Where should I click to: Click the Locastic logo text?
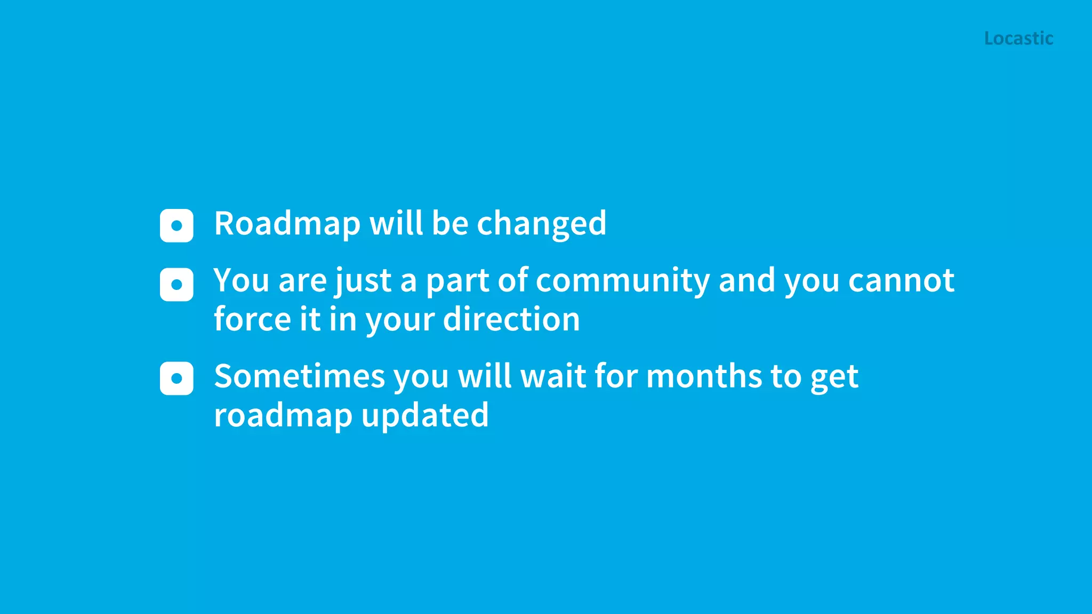coord(1018,38)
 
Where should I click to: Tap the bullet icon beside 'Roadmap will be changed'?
coord(176,225)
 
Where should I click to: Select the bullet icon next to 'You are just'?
coord(176,285)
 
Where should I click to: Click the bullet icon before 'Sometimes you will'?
coord(176,378)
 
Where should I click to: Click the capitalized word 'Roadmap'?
coord(287,223)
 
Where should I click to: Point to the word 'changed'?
coord(542,223)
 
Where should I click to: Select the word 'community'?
coord(622,281)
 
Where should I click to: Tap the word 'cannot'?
coord(901,281)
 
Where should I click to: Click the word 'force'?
coord(252,319)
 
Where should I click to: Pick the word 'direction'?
coord(511,319)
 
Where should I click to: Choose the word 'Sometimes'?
coord(299,376)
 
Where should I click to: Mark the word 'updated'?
coord(425,415)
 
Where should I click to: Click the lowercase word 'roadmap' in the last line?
coord(283,415)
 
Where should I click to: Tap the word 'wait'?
coord(553,376)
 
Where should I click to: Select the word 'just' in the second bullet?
coord(363,281)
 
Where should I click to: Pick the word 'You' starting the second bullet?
coord(241,281)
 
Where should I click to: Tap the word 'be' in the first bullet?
coord(450,223)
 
